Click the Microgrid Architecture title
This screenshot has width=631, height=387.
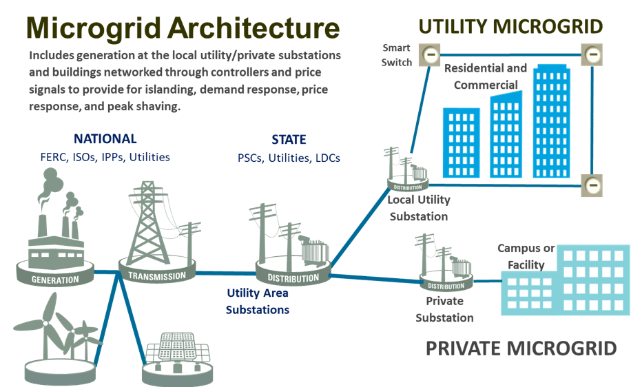coord(183,28)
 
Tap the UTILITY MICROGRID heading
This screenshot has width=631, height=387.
coord(510,27)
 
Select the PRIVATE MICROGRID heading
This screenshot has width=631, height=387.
coord(521,348)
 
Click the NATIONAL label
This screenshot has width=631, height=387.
coord(105,139)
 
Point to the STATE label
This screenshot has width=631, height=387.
coord(289,140)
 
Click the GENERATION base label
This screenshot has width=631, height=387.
coord(55,280)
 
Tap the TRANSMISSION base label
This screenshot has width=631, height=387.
coord(158,276)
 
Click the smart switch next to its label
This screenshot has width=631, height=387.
coord(431,55)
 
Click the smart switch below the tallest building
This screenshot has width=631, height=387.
coord(592,185)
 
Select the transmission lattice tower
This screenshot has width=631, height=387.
coord(148,220)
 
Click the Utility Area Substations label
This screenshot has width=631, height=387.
coord(258,301)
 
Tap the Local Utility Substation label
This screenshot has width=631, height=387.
coord(418,208)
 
